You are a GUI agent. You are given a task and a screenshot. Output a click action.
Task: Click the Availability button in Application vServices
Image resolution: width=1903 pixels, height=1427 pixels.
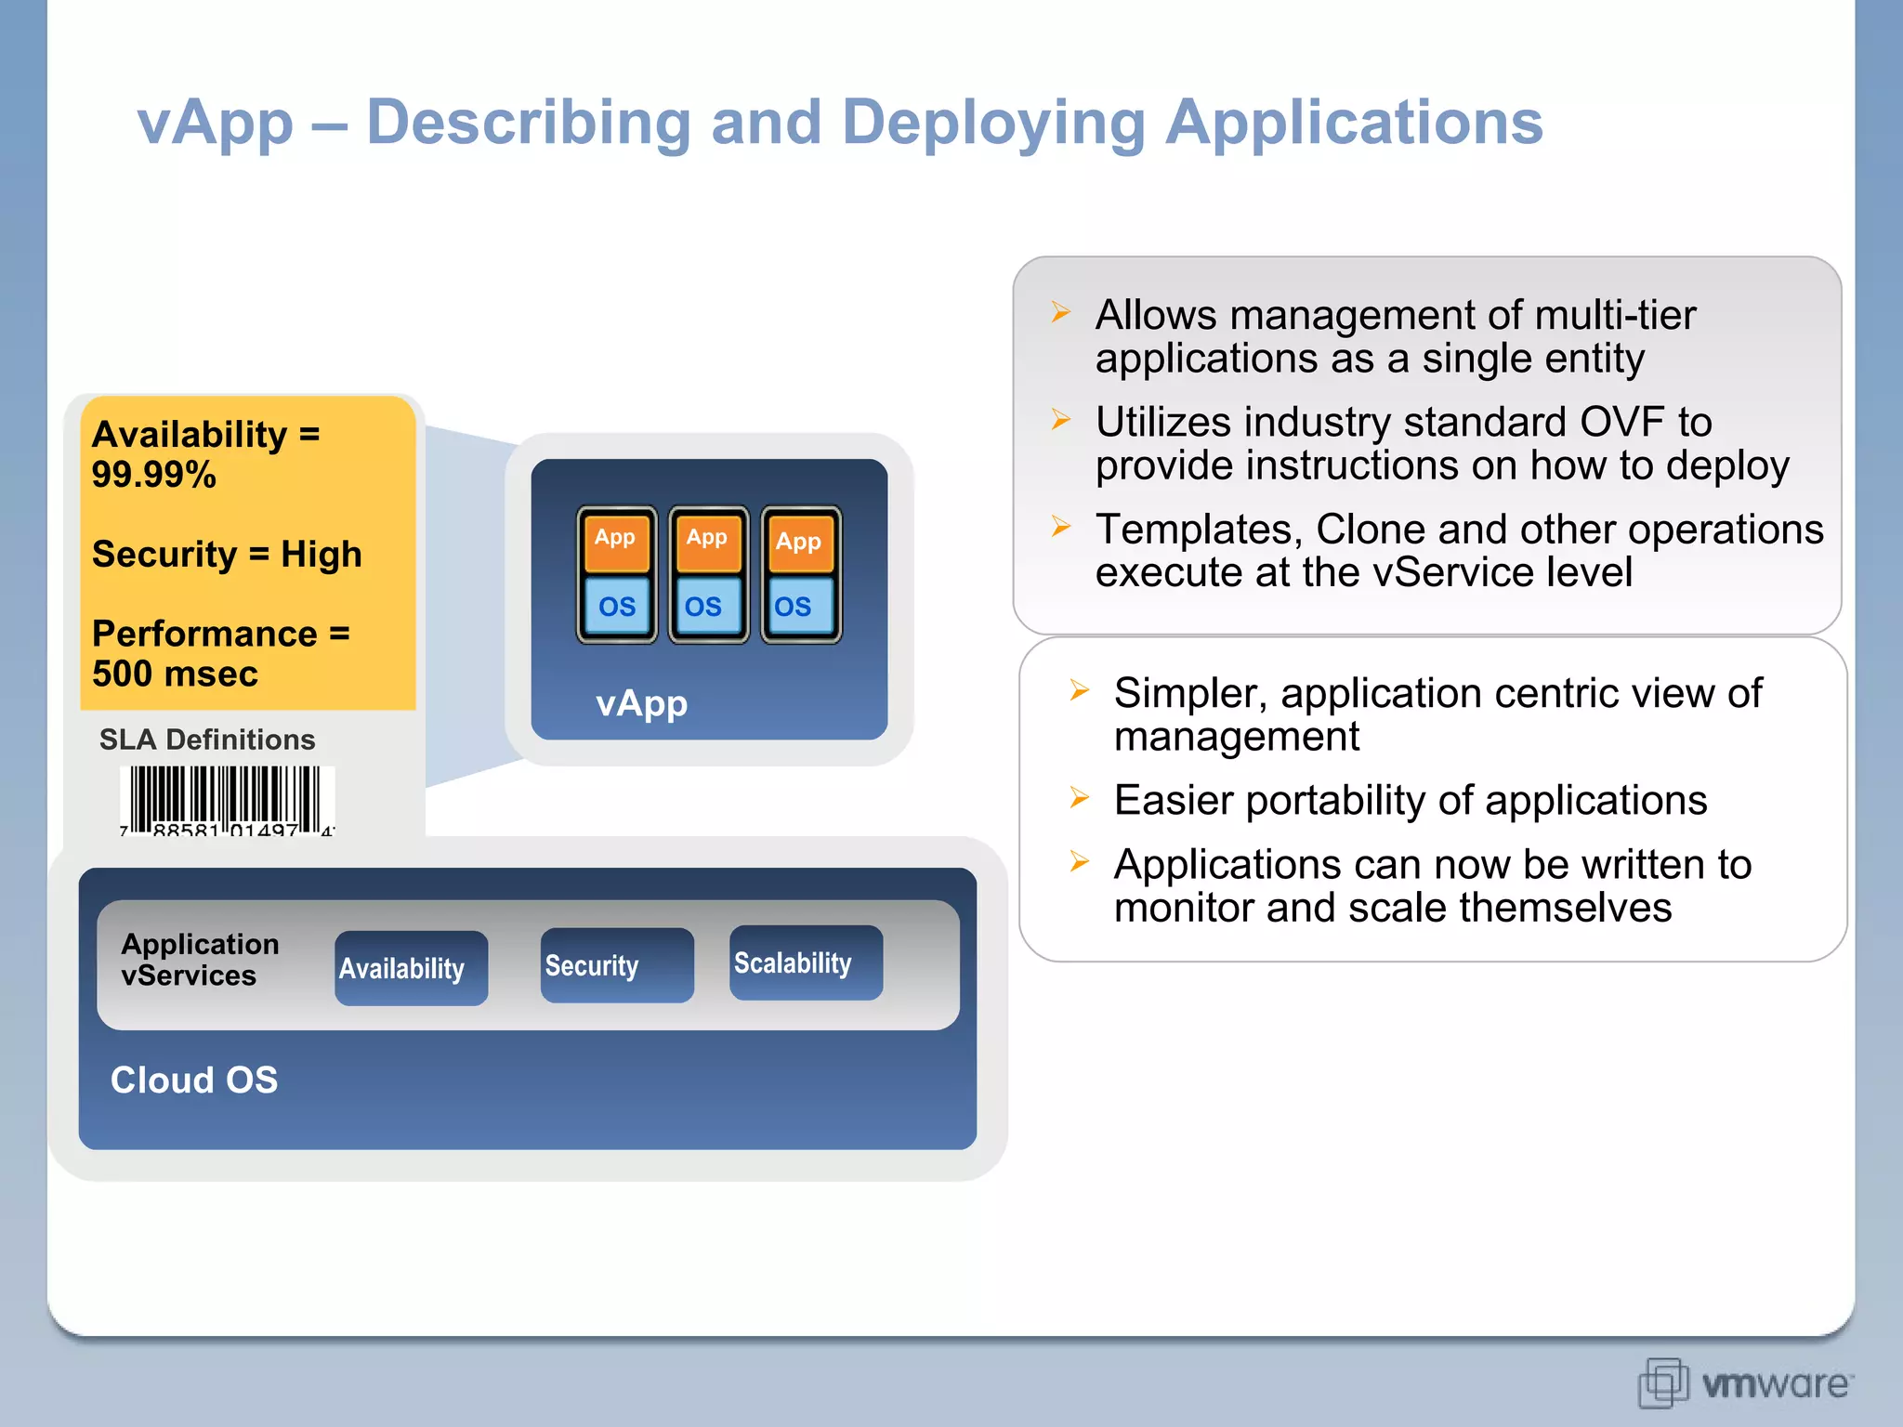pyautogui.click(x=411, y=968)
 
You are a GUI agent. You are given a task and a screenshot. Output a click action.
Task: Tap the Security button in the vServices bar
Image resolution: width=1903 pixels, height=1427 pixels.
pyautogui.click(x=616, y=965)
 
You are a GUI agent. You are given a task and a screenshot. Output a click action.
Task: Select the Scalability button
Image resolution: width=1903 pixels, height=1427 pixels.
pyautogui.click(x=805, y=962)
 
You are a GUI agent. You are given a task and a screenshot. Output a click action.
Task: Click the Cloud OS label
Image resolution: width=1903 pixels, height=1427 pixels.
pyautogui.click(x=194, y=1080)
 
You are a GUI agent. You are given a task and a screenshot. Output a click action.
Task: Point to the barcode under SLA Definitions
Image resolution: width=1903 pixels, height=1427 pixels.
pyautogui.click(x=227, y=800)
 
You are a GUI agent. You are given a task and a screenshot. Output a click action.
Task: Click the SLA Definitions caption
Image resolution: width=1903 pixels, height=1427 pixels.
pyautogui.click(x=207, y=740)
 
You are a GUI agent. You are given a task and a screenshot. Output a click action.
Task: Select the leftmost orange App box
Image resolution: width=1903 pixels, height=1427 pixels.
pyautogui.click(x=615, y=540)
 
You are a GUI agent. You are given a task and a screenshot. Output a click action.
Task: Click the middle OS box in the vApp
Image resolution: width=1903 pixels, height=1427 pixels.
pyautogui.click(x=704, y=607)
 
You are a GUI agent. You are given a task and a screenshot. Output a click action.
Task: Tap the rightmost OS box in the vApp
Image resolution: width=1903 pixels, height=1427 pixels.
pyautogui.click(x=794, y=607)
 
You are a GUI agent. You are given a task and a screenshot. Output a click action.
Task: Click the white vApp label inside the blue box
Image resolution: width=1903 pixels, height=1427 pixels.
pyautogui.click(x=641, y=703)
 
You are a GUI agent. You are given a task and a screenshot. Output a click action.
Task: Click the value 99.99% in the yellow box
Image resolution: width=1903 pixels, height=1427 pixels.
pyautogui.click(x=154, y=475)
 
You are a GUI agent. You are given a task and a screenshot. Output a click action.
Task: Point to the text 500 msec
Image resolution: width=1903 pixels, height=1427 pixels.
pyautogui.click(x=175, y=674)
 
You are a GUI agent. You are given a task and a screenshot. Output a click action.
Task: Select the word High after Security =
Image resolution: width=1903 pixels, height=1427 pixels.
pyautogui.click(x=322, y=555)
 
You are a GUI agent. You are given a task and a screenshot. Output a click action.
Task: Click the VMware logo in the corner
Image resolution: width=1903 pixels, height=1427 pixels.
pyautogui.click(x=1745, y=1382)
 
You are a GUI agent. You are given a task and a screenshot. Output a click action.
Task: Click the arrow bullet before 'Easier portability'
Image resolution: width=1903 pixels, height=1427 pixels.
pyautogui.click(x=1079, y=797)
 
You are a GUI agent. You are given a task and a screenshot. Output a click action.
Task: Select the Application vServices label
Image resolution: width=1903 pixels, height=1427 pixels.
pyautogui.click(x=199, y=960)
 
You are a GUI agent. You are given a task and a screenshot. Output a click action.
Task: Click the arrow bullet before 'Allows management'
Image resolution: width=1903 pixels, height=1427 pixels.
pyautogui.click(x=1060, y=312)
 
